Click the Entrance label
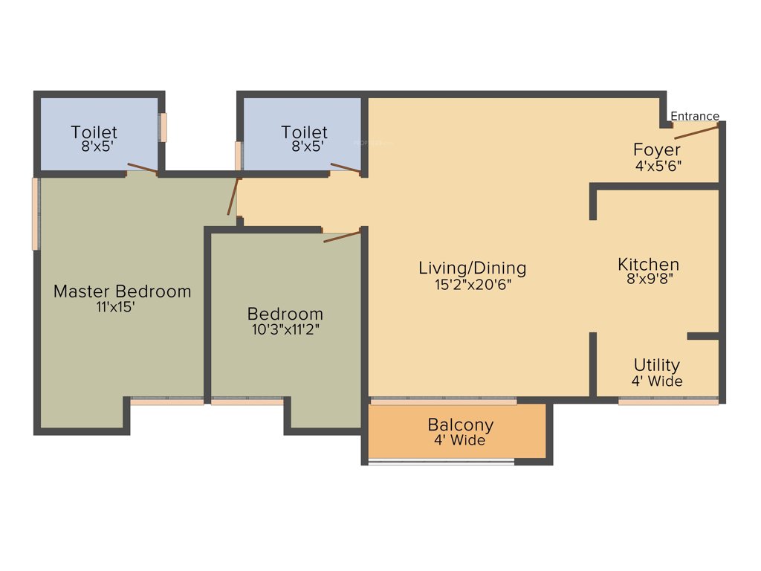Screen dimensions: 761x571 (695, 116)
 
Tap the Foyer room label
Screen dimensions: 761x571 (657, 149)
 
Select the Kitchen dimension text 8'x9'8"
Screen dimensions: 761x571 (650, 279)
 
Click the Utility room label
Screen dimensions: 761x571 (657, 365)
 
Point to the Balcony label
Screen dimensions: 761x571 (461, 425)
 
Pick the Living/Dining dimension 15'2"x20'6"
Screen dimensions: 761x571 (473, 285)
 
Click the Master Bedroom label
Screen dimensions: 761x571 (123, 291)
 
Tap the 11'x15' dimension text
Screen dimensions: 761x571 (115, 307)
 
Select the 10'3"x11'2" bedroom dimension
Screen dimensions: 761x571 (285, 329)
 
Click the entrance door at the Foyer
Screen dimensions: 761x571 (696, 132)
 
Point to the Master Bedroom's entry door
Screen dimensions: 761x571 (233, 196)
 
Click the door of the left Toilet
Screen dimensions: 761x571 (143, 168)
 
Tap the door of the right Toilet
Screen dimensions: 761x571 (346, 168)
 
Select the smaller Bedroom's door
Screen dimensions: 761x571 (342, 237)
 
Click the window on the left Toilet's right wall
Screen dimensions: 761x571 (163, 128)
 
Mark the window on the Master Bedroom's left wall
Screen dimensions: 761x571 (36, 214)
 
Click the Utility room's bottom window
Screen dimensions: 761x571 (668, 401)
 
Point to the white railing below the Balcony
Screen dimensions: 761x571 (441, 462)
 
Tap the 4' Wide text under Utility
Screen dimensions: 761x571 (657, 381)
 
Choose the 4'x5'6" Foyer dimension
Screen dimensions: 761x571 (658, 166)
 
